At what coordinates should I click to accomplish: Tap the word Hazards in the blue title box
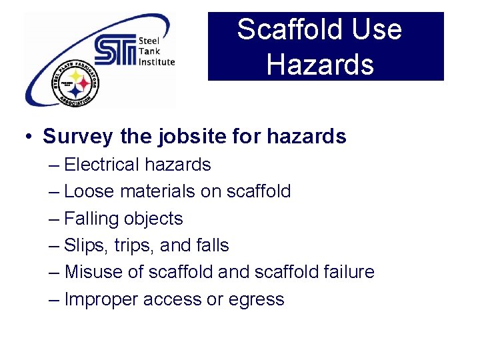coord(320,65)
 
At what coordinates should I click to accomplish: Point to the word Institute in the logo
coord(157,62)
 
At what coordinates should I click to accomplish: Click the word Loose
coord(89,191)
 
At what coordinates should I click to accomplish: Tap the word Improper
coord(97,299)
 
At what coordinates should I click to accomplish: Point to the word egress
coord(257,300)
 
